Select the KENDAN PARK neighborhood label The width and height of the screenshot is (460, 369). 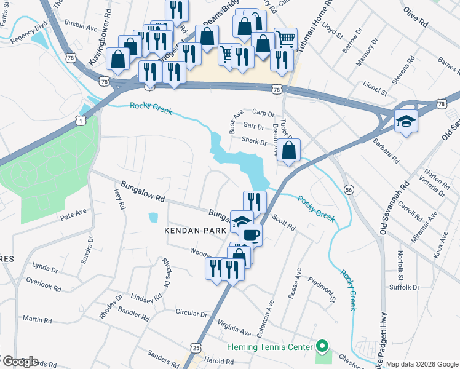(x=192, y=230)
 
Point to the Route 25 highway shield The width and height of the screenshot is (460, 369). (x=196, y=348)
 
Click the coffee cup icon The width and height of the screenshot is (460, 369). (x=251, y=234)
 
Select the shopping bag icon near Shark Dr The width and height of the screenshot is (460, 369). (x=289, y=151)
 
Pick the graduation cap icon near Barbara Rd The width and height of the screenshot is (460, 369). (x=406, y=121)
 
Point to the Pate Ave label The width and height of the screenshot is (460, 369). (x=73, y=216)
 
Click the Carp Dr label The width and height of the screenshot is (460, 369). (x=263, y=113)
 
